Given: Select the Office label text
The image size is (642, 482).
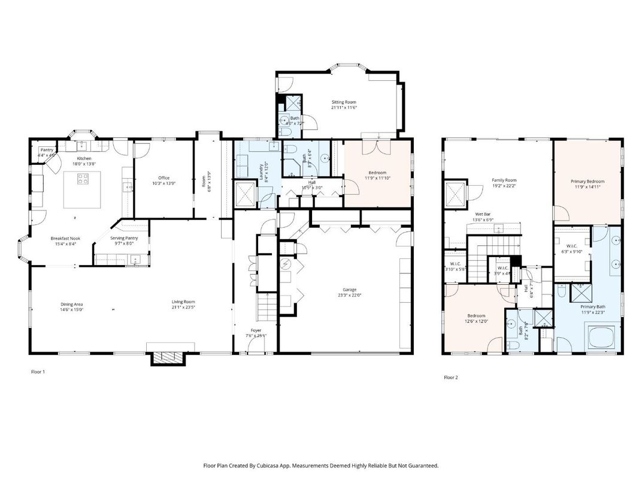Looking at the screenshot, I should [163, 178].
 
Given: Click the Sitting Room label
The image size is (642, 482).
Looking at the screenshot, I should [344, 103].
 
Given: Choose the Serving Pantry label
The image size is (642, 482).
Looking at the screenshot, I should [124, 238].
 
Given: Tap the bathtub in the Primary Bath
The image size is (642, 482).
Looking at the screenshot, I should [601, 338].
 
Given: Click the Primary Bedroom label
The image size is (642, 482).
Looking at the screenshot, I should [587, 181].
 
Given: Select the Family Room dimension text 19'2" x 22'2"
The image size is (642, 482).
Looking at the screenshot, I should [504, 186].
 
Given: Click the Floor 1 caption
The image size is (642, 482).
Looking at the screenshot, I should [38, 372].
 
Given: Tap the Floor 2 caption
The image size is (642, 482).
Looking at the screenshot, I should [450, 378].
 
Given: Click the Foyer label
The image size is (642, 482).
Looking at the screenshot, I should [256, 330].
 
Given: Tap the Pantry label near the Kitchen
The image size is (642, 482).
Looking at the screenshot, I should [47, 150].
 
